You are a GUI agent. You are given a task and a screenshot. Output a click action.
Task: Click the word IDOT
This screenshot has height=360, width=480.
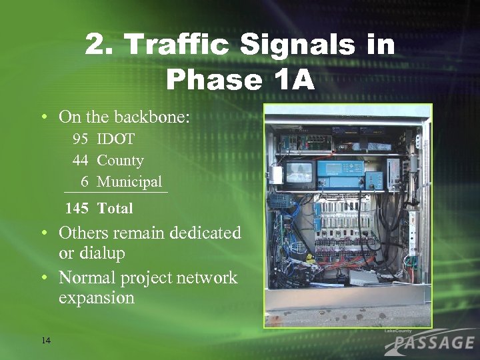(116, 139)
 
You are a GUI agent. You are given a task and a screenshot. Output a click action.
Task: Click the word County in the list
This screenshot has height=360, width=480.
(120, 161)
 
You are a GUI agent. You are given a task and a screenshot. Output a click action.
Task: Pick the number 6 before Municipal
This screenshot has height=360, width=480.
(85, 181)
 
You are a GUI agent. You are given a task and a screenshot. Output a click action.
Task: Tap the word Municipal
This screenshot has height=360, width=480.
(129, 181)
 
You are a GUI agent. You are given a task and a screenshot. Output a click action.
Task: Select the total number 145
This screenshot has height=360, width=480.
(77, 208)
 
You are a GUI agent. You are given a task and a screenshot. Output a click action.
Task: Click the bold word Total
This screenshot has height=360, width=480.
(115, 208)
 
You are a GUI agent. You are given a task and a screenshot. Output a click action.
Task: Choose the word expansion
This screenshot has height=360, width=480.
(97, 298)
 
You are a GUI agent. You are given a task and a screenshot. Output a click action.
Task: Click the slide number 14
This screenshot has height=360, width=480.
(45, 341)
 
